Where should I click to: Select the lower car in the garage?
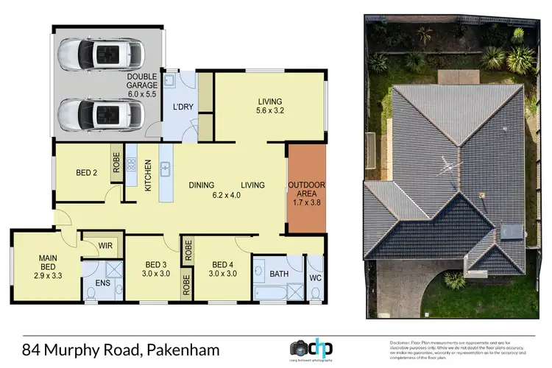pyautogui.click(x=102, y=113)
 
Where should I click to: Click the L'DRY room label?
pyautogui.click(x=182, y=107)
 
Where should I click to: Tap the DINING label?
pyautogui.click(x=202, y=185)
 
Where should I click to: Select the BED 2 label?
pyautogui.click(x=87, y=174)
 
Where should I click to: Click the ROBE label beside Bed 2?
pyautogui.click(x=116, y=163)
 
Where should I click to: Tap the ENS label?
pyautogui.click(x=102, y=284)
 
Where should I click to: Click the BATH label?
pyautogui.click(x=278, y=275)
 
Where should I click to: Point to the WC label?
pyautogui.click(x=314, y=279)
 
